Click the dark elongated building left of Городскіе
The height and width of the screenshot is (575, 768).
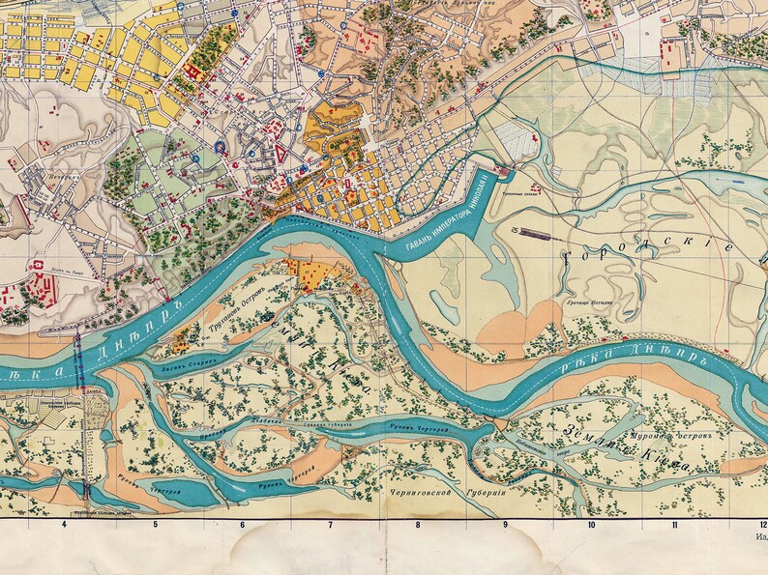(533, 233)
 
